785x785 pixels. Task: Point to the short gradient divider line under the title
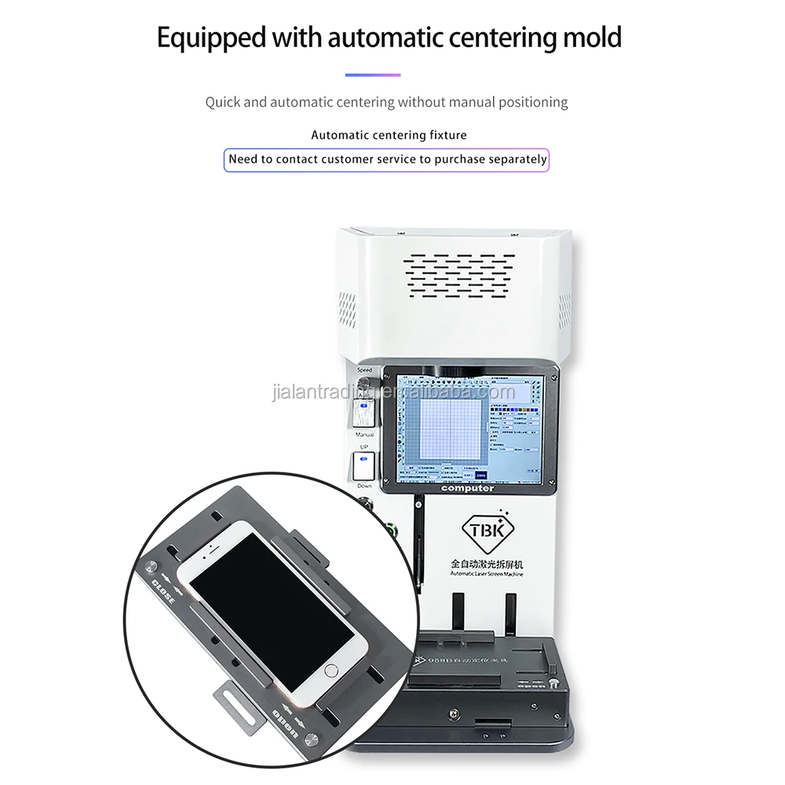373,75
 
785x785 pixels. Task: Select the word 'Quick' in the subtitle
223,102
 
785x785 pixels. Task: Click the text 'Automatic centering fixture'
389,135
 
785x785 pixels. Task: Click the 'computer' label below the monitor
468,488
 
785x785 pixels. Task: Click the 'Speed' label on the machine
364,369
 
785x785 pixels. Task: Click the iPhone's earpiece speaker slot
219,545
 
